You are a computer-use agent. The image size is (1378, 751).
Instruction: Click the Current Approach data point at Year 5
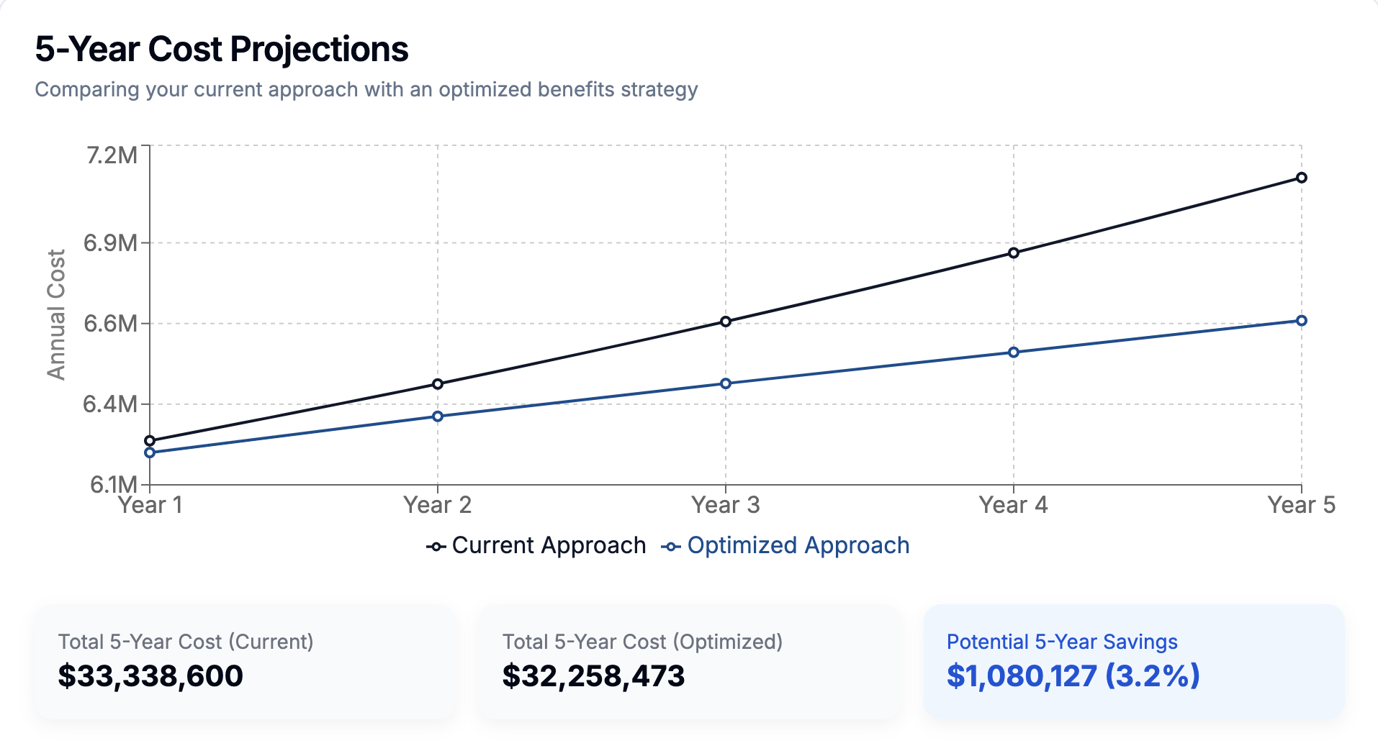coord(1301,178)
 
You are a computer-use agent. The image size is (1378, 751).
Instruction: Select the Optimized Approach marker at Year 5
coord(1301,321)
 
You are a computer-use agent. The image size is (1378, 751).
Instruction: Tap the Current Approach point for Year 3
coord(726,322)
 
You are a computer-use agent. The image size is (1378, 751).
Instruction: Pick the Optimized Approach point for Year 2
coord(438,417)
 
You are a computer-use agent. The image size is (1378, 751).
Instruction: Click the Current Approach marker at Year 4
coord(1014,253)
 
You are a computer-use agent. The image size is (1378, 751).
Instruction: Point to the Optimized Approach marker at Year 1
coord(150,452)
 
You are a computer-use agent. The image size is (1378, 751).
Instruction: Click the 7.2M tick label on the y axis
coord(112,155)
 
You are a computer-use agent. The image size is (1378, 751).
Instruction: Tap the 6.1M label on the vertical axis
coord(113,484)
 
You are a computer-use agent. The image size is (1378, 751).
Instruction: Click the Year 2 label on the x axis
coord(437,505)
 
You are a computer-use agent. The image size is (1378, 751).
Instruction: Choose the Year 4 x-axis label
coord(1013,505)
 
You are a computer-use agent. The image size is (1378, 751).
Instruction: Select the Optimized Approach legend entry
coord(785,546)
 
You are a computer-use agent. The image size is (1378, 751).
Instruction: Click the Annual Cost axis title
coord(56,314)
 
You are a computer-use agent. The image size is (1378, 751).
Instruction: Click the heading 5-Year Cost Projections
coord(222,50)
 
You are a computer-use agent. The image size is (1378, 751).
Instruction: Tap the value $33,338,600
coord(150,676)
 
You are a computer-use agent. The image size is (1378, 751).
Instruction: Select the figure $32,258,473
coord(593,676)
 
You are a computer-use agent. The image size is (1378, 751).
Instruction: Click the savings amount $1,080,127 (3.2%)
coord(1073,676)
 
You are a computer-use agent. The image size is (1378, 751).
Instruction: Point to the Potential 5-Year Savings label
coord(1062,642)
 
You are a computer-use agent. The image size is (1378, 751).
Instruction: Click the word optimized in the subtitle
coord(485,90)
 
